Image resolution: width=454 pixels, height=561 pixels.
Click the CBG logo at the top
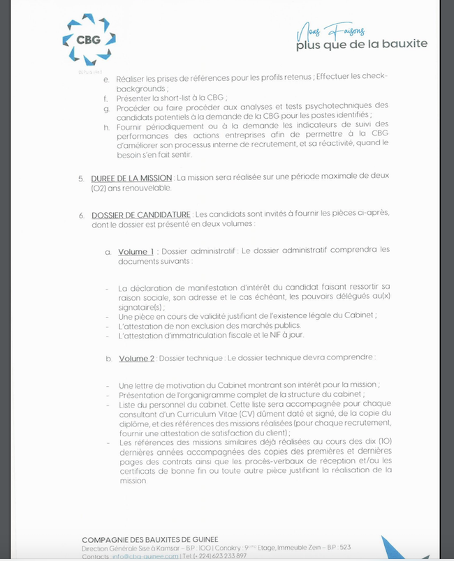pyautogui.click(x=89, y=40)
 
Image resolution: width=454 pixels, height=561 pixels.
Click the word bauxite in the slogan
pyautogui.click(x=402, y=45)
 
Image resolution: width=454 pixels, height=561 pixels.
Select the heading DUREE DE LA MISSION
pyautogui.click(x=132, y=179)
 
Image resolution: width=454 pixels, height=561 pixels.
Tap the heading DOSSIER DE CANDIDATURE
pyautogui.click(x=140, y=214)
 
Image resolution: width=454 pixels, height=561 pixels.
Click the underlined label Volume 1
pyautogui.click(x=136, y=252)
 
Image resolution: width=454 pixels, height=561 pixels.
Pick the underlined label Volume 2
pyautogui.click(x=136, y=359)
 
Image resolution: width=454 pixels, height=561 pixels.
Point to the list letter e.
pyautogui.click(x=106, y=80)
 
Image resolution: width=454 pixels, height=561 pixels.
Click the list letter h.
pyautogui.click(x=106, y=126)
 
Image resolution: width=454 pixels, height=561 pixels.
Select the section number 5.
pyautogui.click(x=81, y=179)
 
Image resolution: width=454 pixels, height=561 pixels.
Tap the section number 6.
pyautogui.click(x=81, y=214)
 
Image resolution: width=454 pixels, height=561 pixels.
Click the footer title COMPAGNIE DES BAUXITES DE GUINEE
pyautogui.click(x=150, y=540)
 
